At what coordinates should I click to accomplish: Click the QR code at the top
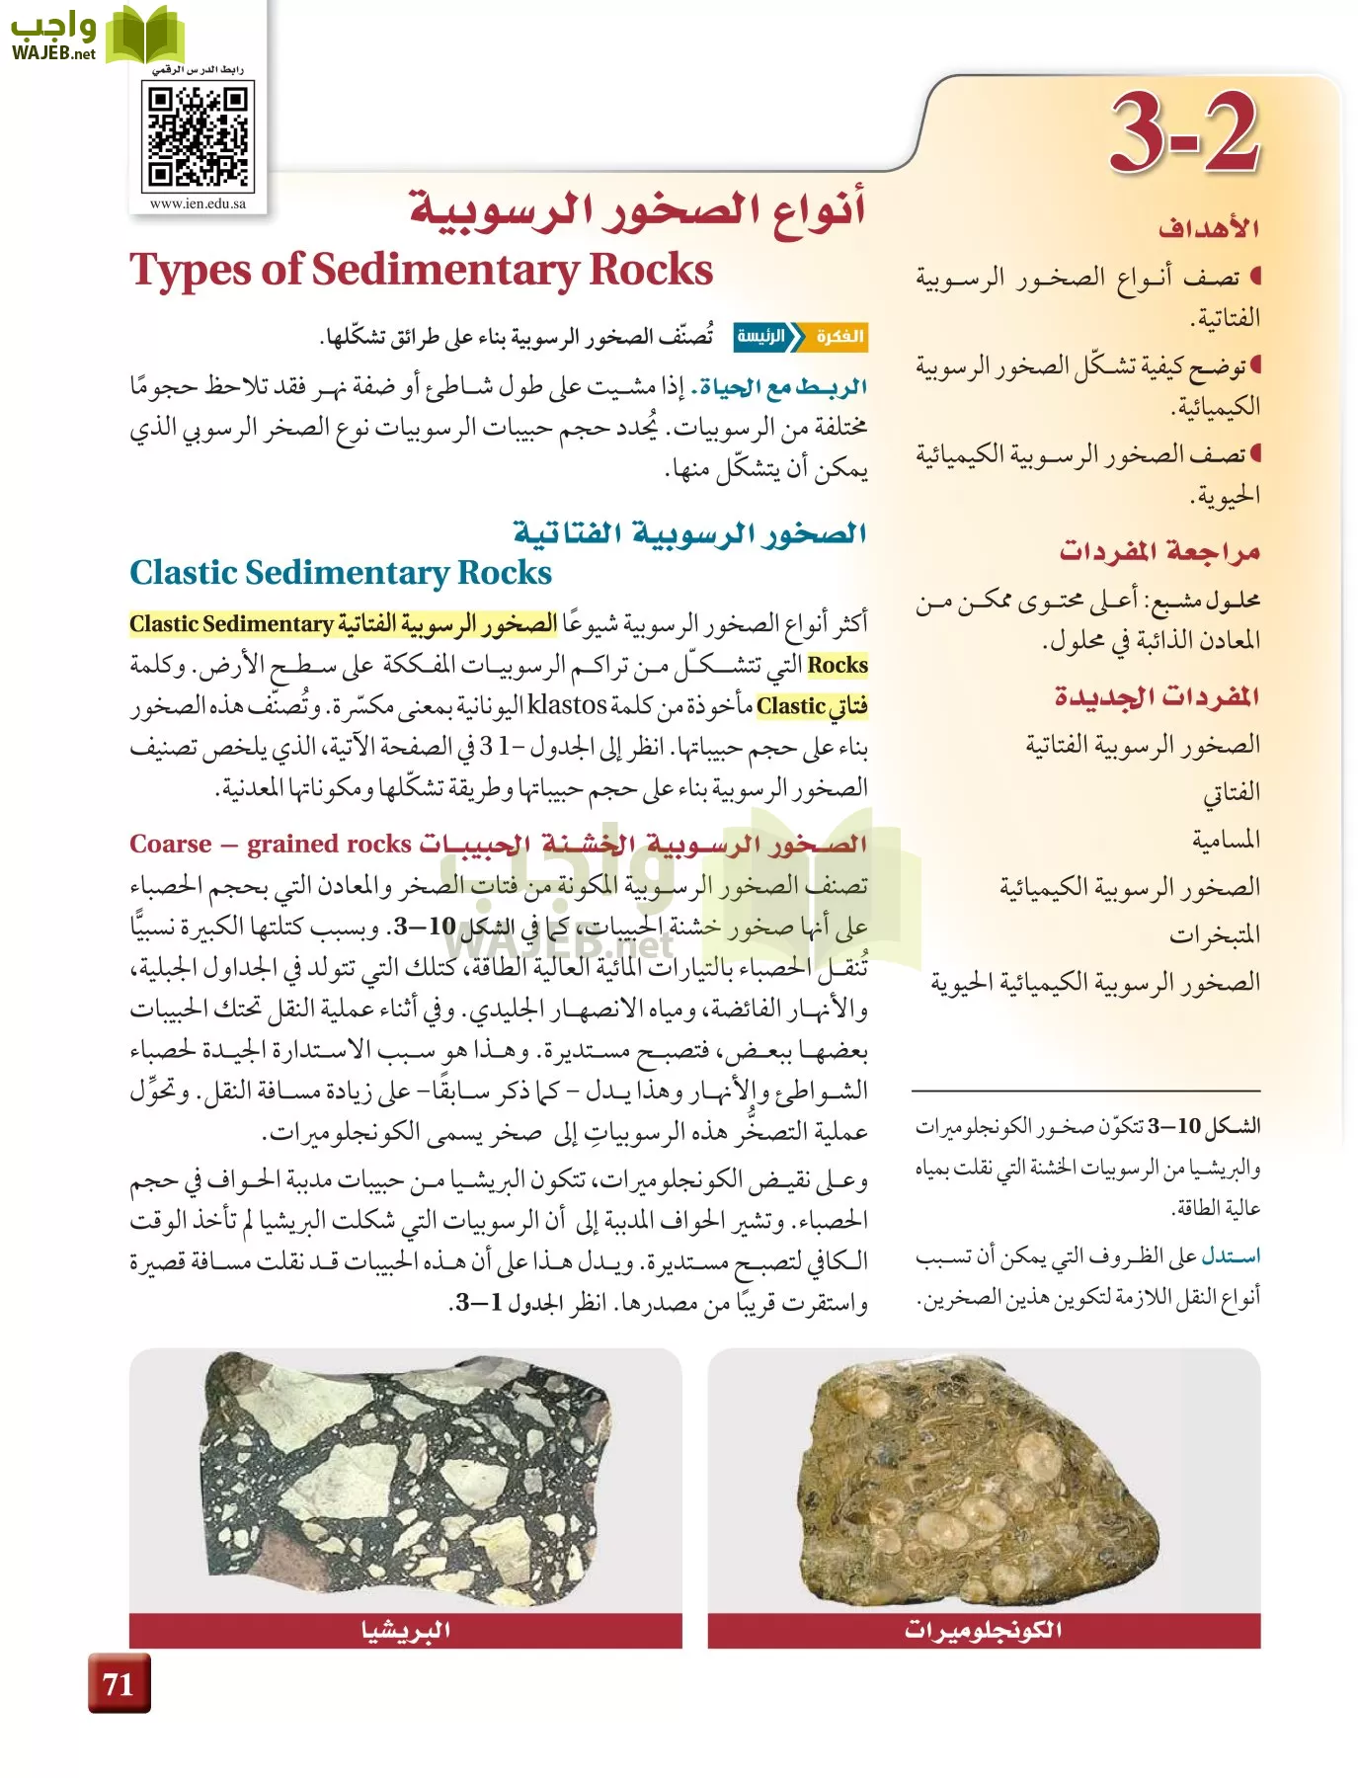click(x=198, y=136)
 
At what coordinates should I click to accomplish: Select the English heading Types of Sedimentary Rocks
click(x=422, y=270)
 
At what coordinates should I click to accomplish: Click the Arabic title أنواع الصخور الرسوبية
click(x=638, y=209)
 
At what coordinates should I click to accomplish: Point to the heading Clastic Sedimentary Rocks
click(x=341, y=573)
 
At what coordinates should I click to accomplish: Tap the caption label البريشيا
click(x=406, y=1630)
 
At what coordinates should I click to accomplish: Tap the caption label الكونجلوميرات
click(x=984, y=1630)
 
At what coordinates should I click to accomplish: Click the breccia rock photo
click(x=405, y=1482)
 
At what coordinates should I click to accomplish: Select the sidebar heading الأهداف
click(x=1209, y=229)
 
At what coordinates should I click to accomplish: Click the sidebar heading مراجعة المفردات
click(x=1159, y=551)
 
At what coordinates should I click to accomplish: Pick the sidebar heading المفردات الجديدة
click(x=1157, y=697)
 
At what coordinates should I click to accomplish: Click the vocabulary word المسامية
click(x=1226, y=840)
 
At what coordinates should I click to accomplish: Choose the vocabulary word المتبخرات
click(x=1215, y=934)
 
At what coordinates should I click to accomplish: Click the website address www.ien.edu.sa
click(x=198, y=204)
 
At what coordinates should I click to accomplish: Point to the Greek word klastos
click(x=567, y=705)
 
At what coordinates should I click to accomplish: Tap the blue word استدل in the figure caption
click(x=1231, y=1256)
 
